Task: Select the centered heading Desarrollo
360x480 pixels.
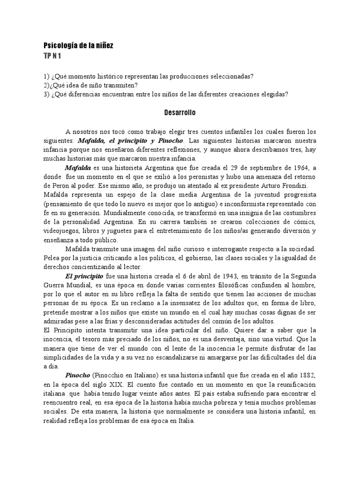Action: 180,113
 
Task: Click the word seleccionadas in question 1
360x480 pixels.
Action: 232,77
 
